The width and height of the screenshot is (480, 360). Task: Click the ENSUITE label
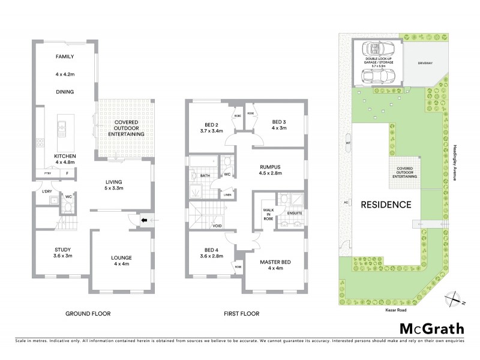pos(295,212)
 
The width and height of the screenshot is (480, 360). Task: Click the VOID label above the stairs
pos(217,226)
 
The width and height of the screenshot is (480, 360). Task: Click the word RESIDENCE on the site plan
pos(386,204)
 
